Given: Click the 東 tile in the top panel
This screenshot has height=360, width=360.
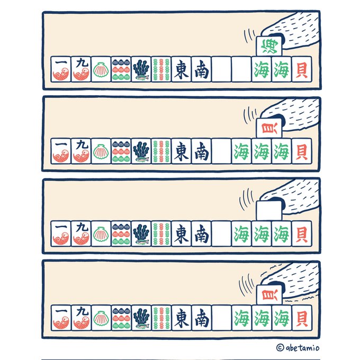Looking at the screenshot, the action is pos(181,69).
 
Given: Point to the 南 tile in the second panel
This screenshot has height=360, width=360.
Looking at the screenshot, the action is pos(201,151).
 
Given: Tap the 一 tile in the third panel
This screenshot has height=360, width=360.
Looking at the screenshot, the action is pos(60,233).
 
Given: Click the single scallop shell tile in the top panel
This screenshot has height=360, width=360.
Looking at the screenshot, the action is pos(101,69).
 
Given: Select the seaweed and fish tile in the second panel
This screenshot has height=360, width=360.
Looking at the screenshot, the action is pos(141,151).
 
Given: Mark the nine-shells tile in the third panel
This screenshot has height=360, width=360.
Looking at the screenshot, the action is pos(121,233).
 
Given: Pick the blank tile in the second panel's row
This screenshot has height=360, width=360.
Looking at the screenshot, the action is pos(221,151).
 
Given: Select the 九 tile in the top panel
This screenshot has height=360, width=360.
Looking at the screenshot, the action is pos(80,69).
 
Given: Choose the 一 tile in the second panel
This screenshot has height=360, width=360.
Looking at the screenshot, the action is pos(60,151).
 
